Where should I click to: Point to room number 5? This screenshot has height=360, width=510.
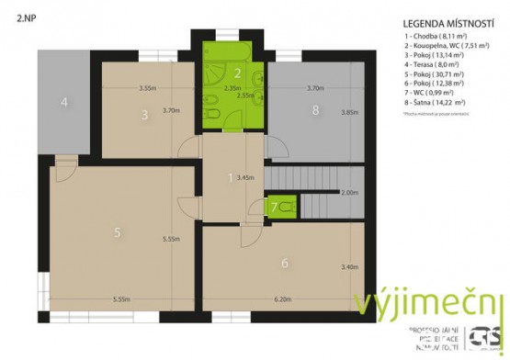(118, 232)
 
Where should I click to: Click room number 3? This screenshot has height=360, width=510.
(144, 115)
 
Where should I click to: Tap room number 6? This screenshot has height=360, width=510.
(285, 264)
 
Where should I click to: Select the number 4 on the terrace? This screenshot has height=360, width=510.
(64, 102)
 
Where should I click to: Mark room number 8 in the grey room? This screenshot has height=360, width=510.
(315, 111)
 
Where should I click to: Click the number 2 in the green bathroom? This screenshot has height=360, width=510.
(237, 73)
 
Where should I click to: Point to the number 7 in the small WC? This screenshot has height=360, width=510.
(274, 208)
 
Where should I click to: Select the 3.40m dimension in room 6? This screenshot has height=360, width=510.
(350, 267)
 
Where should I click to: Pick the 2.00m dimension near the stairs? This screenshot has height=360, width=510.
(349, 194)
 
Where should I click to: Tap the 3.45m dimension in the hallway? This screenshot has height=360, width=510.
(245, 176)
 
